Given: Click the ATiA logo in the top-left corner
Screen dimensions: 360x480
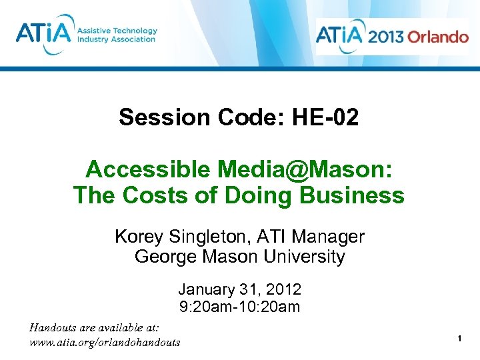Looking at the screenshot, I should pos(41,34).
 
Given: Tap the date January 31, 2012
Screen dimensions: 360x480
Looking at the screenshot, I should pos(239,290).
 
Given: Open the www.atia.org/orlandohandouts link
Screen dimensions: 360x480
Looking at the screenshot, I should pos(105,342).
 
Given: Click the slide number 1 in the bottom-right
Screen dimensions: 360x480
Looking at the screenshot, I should pos(460,340).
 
